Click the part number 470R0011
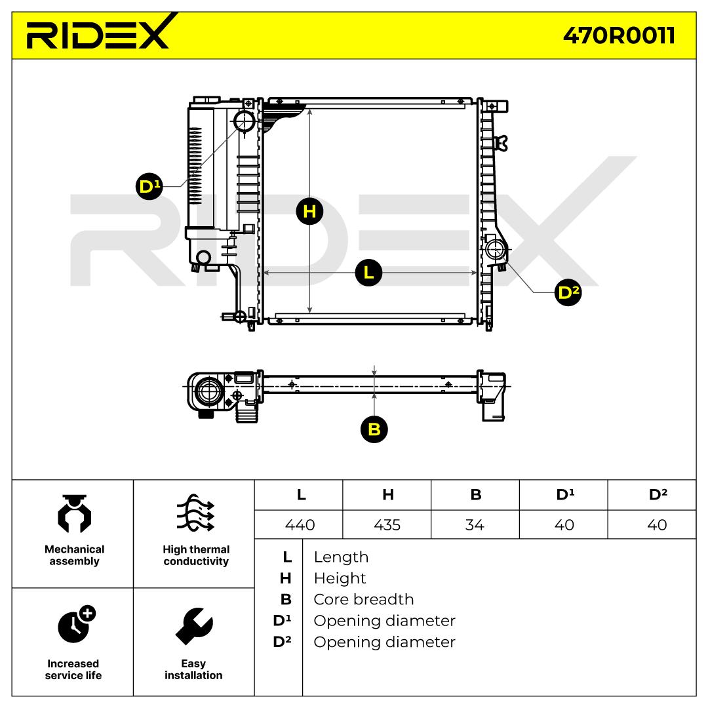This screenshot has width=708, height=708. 619,36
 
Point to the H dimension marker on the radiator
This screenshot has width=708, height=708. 309,211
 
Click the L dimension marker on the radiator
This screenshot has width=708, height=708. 368,272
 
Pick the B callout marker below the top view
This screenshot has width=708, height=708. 374,429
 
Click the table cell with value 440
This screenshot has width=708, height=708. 299,525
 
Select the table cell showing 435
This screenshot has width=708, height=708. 387,525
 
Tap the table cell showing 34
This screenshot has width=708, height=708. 475,525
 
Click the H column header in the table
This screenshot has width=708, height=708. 387,495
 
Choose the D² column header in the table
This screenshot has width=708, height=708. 657,495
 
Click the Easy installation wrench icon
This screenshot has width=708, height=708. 194,625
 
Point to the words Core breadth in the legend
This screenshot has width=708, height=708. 364,599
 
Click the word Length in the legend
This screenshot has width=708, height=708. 341,557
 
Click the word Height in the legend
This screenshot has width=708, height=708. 340,578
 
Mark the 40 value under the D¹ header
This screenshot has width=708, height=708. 564,525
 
